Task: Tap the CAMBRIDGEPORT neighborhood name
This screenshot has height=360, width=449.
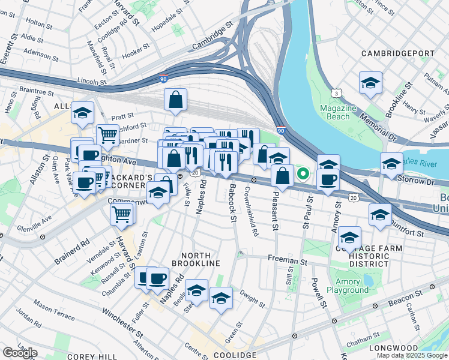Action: pos(397,53)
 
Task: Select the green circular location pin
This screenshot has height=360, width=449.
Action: pos(303,175)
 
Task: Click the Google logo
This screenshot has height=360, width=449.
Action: pos(20,352)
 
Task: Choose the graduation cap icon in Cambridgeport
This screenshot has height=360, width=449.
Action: pos(370,83)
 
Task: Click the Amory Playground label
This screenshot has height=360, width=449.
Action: pos(348,286)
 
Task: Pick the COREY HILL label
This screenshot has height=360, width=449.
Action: pos(88,356)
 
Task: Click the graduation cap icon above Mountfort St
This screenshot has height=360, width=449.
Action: pos(379,214)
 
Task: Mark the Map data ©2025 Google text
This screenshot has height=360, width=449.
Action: pos(412,355)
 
